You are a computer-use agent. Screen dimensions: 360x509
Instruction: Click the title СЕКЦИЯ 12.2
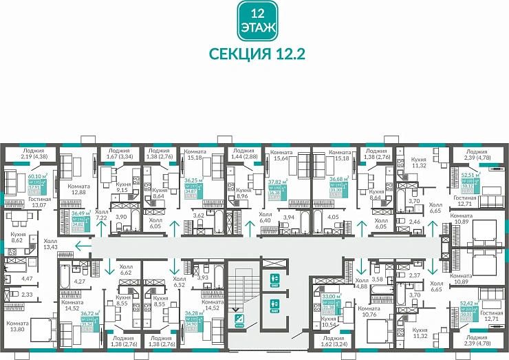click(256, 54)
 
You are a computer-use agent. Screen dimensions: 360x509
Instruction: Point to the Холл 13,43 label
click(50, 244)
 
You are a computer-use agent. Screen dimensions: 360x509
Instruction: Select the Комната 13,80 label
click(18, 326)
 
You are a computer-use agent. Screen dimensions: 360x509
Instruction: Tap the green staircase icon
click(238, 318)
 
